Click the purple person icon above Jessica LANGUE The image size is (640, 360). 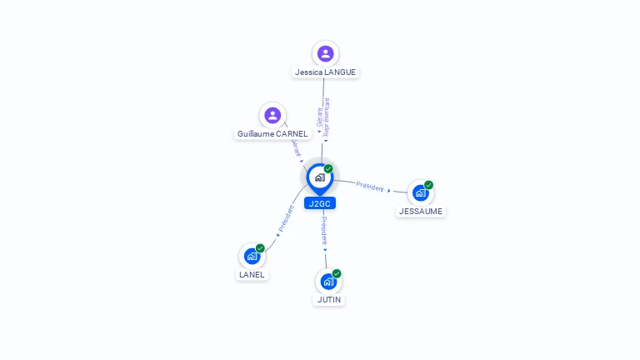(325, 53)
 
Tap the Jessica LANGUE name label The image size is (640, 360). (325, 72)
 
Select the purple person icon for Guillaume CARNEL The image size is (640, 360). (272, 115)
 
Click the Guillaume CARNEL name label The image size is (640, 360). (272, 133)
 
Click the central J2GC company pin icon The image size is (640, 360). (319, 177)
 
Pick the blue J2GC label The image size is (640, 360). (319, 203)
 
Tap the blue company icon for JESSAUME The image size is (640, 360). (420, 192)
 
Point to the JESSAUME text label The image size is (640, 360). (420, 212)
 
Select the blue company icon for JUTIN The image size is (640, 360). (327, 282)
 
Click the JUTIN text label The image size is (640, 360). (328, 299)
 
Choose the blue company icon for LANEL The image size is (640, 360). (252, 257)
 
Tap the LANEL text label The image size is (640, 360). (252, 274)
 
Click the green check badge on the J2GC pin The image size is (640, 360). (328, 169)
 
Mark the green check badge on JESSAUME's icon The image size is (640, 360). (428, 185)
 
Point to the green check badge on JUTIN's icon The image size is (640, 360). (337, 273)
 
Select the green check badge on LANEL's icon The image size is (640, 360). (260, 248)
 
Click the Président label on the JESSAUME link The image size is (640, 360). (369, 186)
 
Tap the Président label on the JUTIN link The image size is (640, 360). (325, 230)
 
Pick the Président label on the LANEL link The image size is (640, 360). (287, 217)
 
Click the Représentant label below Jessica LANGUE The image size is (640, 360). (327, 117)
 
